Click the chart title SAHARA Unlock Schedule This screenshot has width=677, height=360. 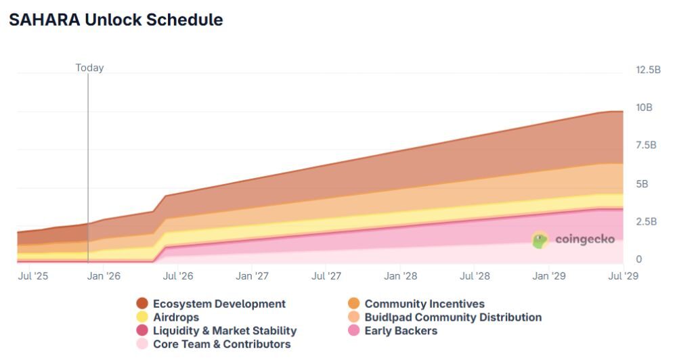click(116, 20)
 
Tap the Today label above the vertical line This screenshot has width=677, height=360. click(89, 68)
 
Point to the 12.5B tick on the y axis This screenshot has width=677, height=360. click(648, 70)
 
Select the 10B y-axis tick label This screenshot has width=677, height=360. click(644, 108)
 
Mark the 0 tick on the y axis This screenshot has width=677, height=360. click(638, 260)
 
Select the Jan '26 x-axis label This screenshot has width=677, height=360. click(104, 276)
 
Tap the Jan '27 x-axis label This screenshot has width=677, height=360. click(253, 276)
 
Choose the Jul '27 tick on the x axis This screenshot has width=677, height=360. click(326, 276)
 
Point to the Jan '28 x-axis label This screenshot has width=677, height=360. click(401, 276)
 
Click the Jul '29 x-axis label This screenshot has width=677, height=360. click(623, 276)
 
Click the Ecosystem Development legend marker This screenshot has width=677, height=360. click(142, 304)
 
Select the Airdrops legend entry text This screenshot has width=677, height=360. click(176, 317)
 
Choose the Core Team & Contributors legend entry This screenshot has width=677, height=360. click(221, 344)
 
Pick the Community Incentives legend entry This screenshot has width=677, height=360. click(424, 304)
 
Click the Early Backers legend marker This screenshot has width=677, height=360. click(354, 331)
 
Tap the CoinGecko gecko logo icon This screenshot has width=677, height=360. click(540, 240)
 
